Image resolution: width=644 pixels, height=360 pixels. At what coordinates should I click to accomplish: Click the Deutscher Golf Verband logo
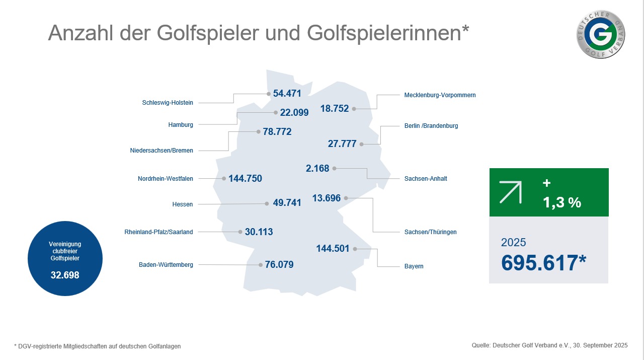[x=602, y=34]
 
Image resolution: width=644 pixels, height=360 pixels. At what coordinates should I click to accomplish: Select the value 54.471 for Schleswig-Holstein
[x=287, y=94]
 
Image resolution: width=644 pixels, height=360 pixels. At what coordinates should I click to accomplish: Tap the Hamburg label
[x=181, y=125]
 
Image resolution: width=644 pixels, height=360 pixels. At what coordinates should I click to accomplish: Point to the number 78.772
[x=277, y=132]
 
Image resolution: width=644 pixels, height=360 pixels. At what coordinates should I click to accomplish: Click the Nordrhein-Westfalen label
[x=166, y=179]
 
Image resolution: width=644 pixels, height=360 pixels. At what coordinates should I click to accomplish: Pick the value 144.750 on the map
[x=245, y=179]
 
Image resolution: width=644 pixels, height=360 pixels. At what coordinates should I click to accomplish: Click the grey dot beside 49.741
[x=267, y=203]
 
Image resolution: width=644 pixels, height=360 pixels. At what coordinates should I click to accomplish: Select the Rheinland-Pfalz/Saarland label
[x=158, y=232]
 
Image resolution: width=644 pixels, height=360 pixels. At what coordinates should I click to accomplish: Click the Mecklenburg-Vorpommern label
[x=440, y=95]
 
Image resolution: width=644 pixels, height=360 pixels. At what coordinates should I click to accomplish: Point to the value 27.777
[x=342, y=144]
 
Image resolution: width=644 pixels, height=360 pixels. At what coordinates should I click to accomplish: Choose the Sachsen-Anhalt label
[x=426, y=179]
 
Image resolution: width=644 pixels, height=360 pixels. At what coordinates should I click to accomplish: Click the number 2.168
[x=317, y=168]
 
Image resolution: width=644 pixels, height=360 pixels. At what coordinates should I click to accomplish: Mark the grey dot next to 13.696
[x=346, y=198]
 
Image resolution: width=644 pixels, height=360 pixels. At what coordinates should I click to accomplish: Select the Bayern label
[x=414, y=266]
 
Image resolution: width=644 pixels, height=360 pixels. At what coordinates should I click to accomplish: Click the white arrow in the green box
[x=511, y=191]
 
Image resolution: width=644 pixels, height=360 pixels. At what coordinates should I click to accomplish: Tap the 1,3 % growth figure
[x=561, y=202]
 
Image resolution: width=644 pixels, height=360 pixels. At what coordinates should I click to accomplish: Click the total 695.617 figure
[x=543, y=263]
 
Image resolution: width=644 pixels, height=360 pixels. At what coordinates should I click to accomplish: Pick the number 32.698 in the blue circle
[x=65, y=276]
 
